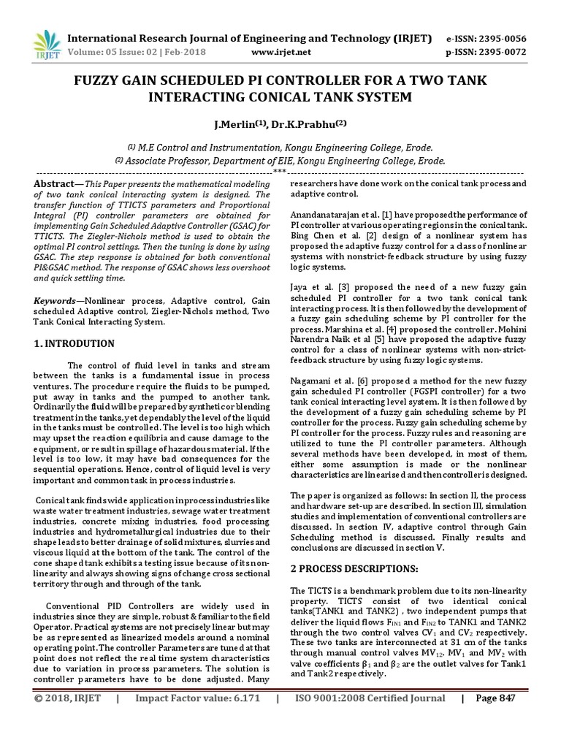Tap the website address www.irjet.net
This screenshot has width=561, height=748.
281,52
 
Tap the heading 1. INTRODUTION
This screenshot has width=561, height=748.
75,343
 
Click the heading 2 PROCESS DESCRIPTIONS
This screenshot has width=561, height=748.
354,568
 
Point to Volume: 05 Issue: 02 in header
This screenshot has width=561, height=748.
110,52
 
